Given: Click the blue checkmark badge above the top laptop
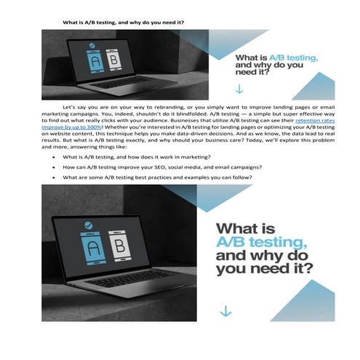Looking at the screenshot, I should [92, 44].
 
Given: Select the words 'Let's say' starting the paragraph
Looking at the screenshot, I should [75, 106].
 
